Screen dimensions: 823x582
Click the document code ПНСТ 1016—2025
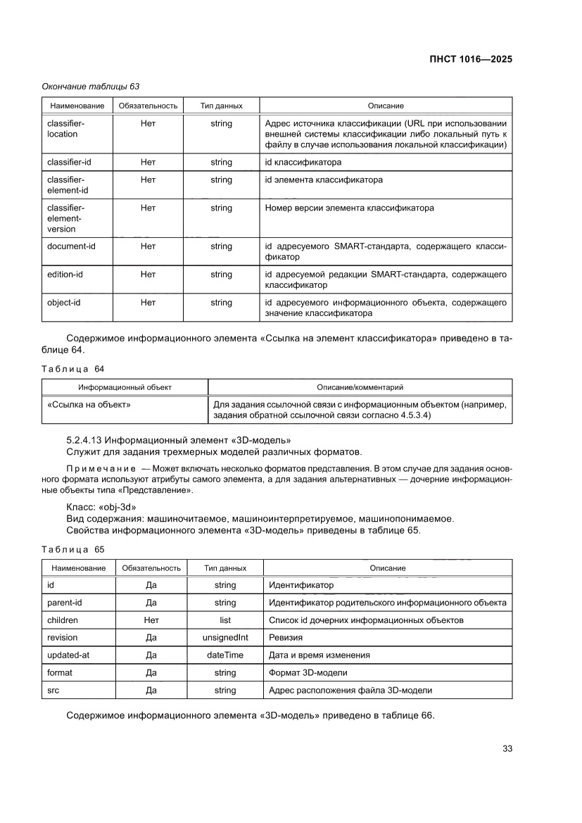470,59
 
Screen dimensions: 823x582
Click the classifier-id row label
69,162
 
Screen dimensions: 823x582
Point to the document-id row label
71,246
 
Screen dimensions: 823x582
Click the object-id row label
64,303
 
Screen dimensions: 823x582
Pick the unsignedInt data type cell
224,638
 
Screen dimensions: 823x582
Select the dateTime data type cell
224,655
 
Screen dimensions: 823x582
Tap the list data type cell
224,620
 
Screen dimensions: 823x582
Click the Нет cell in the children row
151,620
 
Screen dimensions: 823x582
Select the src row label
53,690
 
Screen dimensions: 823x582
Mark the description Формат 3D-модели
308,672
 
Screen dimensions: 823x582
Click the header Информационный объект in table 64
125,387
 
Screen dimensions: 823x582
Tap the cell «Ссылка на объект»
89,405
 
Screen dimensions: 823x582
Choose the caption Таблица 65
72,548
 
